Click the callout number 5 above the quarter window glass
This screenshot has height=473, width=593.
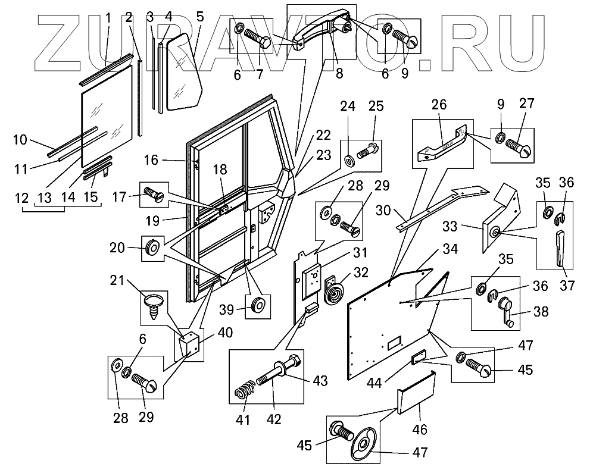(x=200, y=17)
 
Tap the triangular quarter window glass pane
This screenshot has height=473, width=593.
(x=185, y=72)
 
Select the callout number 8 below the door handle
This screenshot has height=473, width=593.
(x=339, y=73)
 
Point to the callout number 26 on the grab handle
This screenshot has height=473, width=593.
(x=439, y=105)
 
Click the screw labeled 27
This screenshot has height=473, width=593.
(x=519, y=147)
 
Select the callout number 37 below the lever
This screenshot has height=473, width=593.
(x=567, y=286)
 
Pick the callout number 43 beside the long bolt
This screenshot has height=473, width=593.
(x=320, y=381)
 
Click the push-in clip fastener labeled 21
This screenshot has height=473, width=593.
(x=154, y=306)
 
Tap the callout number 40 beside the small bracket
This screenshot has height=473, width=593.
(x=224, y=333)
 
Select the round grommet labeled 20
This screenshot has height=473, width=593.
(x=152, y=248)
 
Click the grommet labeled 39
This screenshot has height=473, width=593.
(x=258, y=305)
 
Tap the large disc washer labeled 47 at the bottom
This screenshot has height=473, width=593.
(x=361, y=449)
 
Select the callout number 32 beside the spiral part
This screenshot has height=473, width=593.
(x=360, y=272)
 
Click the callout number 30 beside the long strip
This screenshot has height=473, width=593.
(x=383, y=210)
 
